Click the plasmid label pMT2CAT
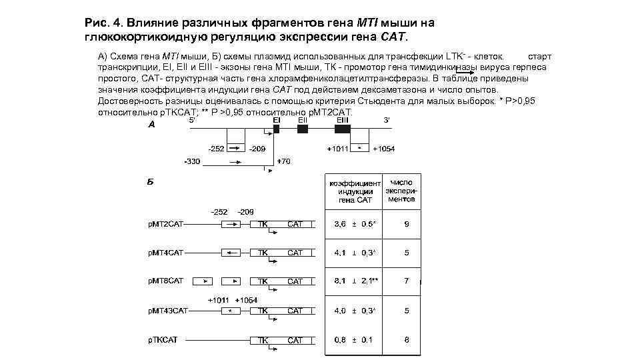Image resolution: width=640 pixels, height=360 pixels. point(165,225)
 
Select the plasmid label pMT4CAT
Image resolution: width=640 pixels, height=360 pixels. point(165,253)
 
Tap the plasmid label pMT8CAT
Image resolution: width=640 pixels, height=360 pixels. point(165,281)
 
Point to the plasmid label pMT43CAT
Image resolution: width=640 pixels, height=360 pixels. point(167,311)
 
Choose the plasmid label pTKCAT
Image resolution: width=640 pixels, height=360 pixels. point(163,340)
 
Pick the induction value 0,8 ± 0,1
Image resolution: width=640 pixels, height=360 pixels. point(354,340)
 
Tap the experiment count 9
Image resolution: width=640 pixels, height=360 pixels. point(407,225)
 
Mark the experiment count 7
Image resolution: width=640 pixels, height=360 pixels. point(407,281)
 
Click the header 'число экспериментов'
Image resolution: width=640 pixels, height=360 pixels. point(401,190)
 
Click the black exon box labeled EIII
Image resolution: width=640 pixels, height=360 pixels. point(342,129)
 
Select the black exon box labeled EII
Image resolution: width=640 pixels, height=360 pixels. point(302,129)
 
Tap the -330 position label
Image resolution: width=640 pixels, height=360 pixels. point(192,161)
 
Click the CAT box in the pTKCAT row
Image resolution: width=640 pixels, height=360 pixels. point(295,340)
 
